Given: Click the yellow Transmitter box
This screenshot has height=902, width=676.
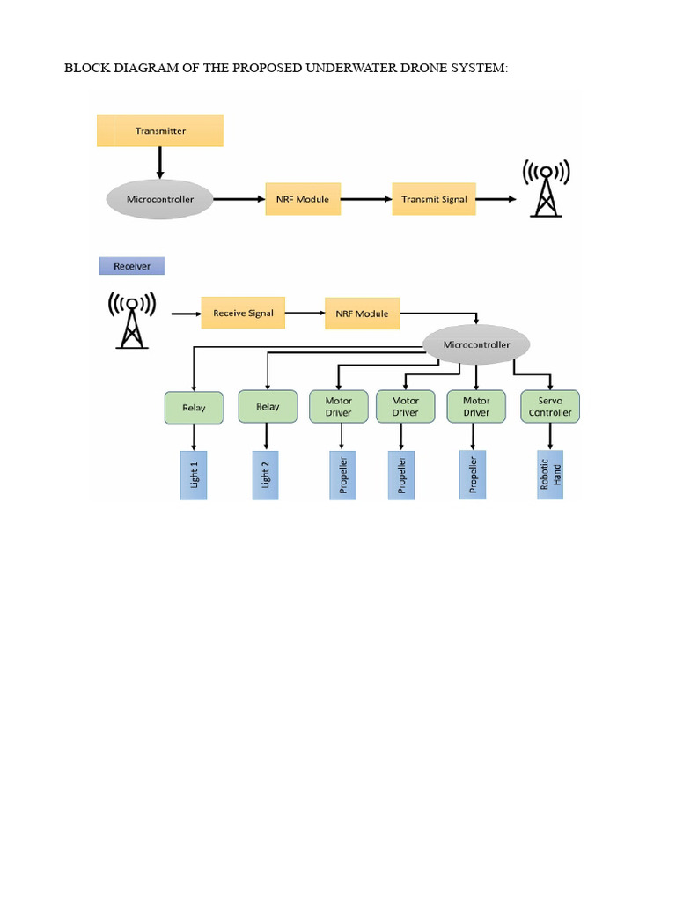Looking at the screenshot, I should point(160,130).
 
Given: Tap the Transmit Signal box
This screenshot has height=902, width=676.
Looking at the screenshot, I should point(434,199).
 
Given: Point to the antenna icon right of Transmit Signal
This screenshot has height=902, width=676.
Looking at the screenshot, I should point(546,189).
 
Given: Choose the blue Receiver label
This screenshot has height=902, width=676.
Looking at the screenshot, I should point(132,265).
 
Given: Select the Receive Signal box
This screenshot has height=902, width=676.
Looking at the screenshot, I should point(243,313).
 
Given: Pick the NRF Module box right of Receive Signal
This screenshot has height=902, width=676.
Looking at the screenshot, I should point(362,314).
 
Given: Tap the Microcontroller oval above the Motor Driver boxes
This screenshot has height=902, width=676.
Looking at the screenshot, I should point(475,344).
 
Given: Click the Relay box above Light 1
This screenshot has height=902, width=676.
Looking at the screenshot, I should point(194,408).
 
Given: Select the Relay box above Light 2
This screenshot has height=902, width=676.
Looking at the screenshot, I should point(267,407).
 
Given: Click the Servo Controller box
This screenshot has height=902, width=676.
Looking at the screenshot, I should point(550,407).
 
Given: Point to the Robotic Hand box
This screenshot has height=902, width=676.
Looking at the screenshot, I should point(550,476).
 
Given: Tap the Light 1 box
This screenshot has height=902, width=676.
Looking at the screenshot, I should point(194,476).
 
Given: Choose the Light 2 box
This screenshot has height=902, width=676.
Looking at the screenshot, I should point(266,476).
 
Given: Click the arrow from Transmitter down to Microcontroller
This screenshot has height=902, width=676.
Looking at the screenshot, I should point(160,163).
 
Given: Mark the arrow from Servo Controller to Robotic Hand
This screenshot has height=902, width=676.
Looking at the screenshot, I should point(550,437).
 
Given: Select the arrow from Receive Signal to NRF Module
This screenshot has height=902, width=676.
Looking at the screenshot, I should point(305,313).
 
